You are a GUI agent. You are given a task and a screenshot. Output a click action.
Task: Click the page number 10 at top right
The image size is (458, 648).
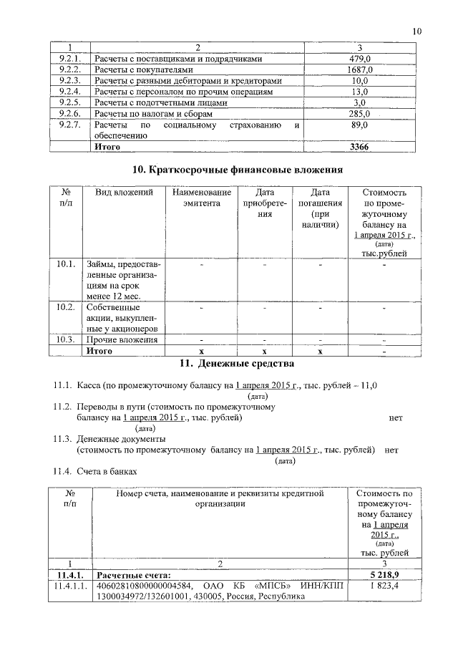tap(418, 31)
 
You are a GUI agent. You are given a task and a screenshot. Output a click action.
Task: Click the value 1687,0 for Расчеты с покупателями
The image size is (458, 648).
tap(359, 70)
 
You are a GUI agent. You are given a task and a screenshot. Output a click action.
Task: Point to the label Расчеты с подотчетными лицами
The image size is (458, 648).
tap(161, 102)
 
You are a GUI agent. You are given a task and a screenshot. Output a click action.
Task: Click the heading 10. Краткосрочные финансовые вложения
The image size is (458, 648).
tap(237, 170)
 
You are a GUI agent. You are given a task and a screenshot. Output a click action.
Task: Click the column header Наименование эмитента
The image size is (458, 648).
tap(203, 198)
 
